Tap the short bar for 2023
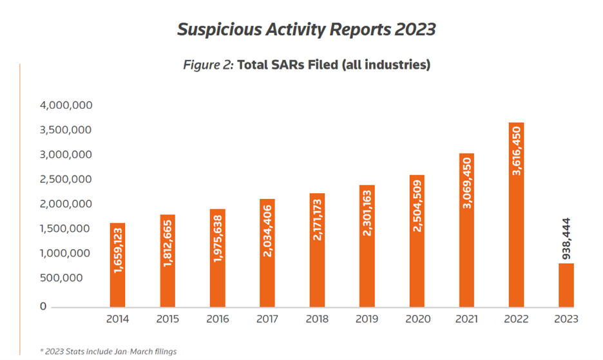(x=566, y=285)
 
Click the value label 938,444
(x=566, y=238)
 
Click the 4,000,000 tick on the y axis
(x=66, y=106)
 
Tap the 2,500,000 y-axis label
(x=66, y=180)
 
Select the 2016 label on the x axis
(x=217, y=319)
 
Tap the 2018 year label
(x=317, y=319)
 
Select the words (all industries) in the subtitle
(x=383, y=65)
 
